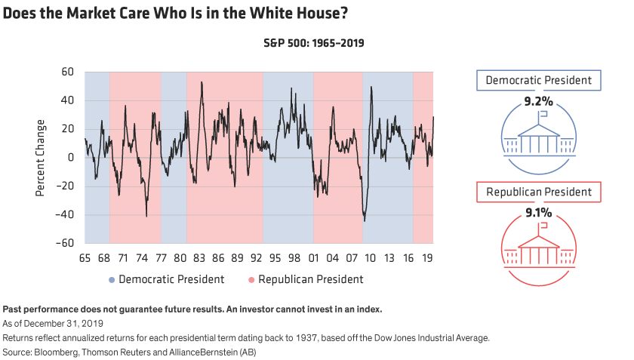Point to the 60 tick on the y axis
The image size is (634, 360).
coord(67,72)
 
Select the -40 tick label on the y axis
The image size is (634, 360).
coord(65,215)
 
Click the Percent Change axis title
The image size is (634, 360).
coord(39,158)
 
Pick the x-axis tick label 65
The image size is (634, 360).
coord(85,258)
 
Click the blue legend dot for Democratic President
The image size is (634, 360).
coord(112,279)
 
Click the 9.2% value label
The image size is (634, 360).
coord(539,99)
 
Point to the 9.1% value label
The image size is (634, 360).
coord(539,214)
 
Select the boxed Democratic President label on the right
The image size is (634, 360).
coord(538,81)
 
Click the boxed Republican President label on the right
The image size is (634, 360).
coord(538,193)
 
